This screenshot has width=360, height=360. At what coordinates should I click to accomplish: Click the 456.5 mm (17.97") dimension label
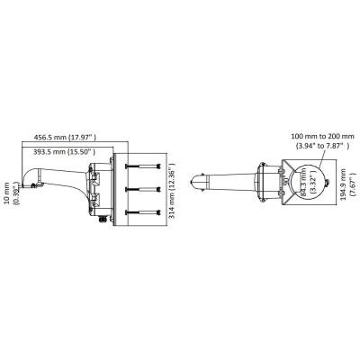65,138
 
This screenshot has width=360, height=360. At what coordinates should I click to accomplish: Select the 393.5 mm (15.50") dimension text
64,152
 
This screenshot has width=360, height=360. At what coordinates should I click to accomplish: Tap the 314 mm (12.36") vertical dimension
172,191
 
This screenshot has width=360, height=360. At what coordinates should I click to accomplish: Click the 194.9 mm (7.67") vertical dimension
346,184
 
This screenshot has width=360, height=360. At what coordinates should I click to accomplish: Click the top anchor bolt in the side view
143,166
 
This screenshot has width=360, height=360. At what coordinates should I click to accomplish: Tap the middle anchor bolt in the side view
143,189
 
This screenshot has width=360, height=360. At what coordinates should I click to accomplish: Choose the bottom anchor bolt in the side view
143,212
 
